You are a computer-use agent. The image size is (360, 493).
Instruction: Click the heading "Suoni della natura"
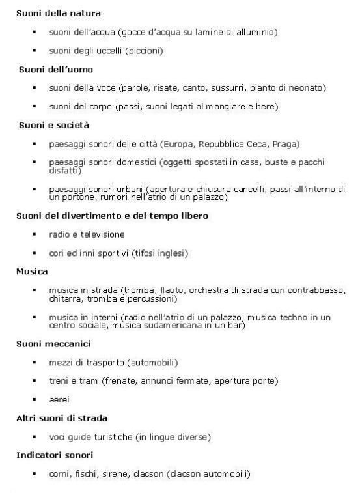pos(58,12)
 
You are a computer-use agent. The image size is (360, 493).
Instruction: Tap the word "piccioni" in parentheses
pos(145,49)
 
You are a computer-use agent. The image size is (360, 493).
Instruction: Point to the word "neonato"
pos(308,87)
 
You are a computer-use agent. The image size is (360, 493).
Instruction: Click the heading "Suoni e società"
pos(53,124)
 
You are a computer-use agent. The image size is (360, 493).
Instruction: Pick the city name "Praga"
pos(284,143)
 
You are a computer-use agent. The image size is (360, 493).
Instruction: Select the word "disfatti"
pos(63,171)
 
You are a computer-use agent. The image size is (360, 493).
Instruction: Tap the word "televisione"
pos(102,234)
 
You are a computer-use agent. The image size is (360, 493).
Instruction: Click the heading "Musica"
pos(30,270)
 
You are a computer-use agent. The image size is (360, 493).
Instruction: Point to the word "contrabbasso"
pos(315,289)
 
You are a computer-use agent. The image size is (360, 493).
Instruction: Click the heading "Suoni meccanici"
pos(53,343)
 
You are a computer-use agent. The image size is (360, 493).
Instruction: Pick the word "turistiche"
pos(113,436)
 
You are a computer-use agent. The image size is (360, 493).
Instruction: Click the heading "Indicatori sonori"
pos(54,454)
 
